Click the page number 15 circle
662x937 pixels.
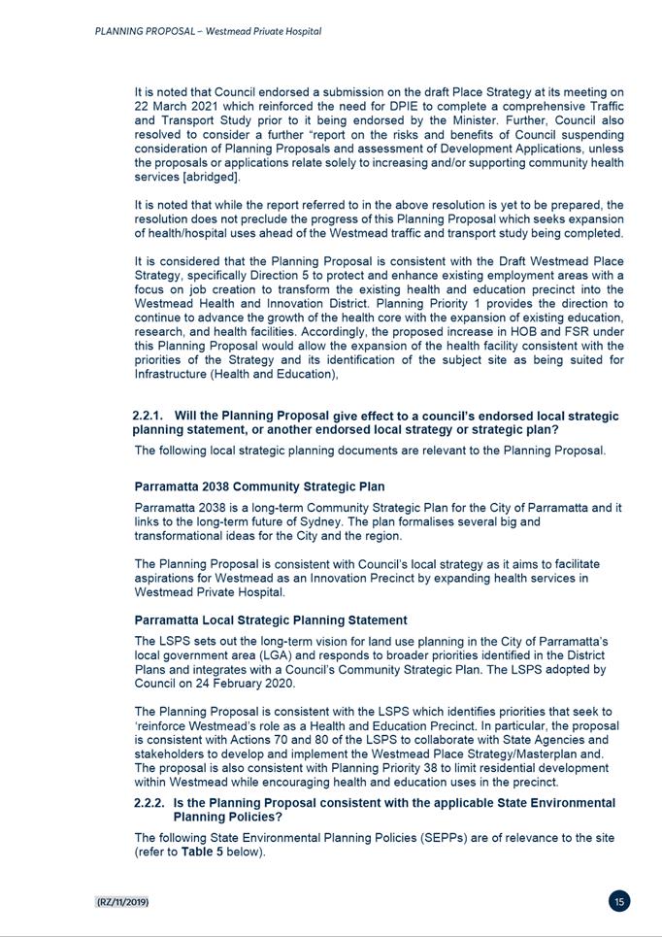tap(619, 901)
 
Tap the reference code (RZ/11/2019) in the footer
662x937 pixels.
tap(122, 902)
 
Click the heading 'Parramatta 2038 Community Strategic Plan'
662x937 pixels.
tap(259, 486)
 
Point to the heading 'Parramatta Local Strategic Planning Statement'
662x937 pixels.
tap(271, 619)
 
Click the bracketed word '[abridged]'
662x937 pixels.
tap(209, 177)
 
